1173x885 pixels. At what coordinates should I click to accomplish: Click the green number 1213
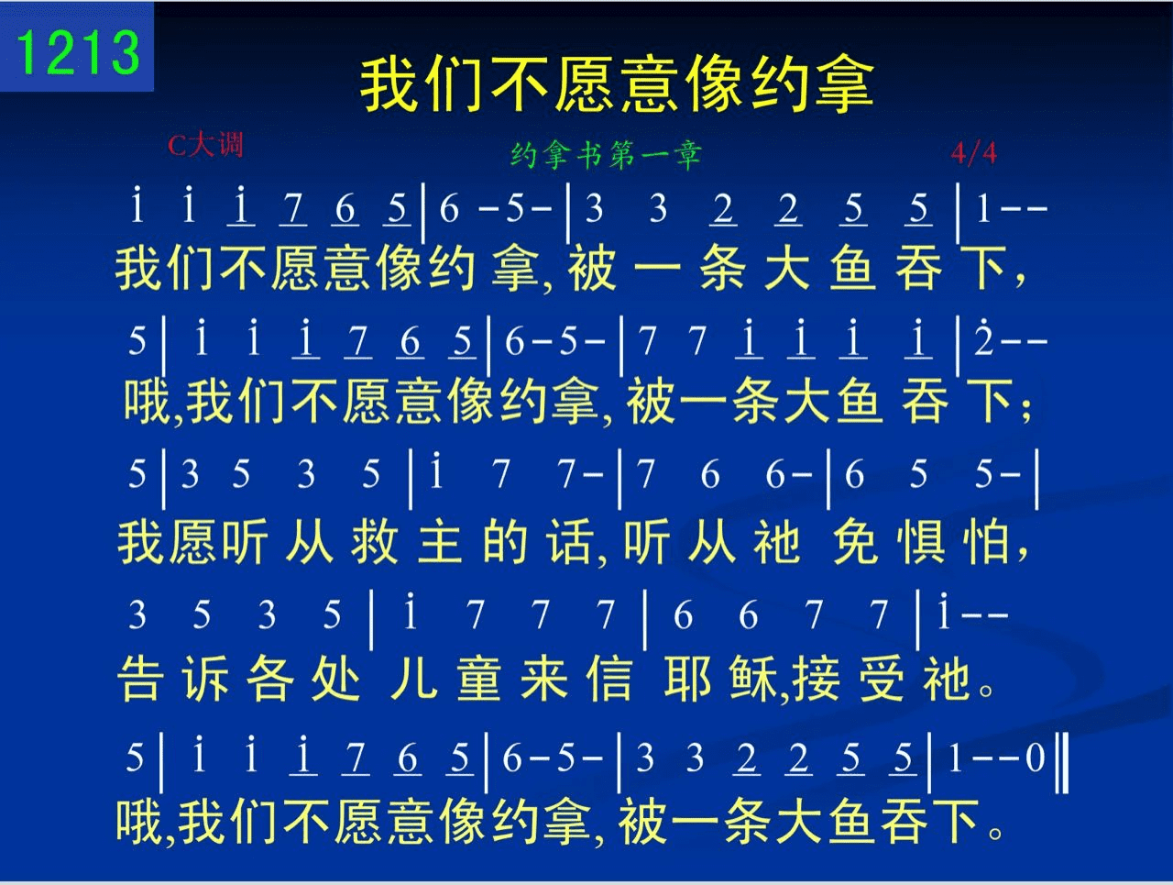tap(78, 52)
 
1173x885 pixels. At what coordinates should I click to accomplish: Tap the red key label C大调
tap(206, 145)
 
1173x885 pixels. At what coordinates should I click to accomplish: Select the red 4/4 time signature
tap(973, 153)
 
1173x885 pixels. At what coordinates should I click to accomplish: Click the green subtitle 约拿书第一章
tap(606, 156)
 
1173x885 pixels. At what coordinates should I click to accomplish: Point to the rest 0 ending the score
tap(1036, 758)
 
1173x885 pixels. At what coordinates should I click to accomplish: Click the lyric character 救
tap(375, 542)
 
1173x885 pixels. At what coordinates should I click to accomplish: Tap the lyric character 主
tap(440, 542)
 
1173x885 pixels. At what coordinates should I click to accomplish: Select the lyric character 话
tap(571, 542)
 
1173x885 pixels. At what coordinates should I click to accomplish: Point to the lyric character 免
tap(854, 542)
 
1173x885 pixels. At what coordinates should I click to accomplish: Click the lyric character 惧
tap(920, 542)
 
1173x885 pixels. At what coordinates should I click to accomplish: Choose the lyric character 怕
tap(985, 542)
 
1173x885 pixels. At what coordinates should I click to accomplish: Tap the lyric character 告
tap(140, 679)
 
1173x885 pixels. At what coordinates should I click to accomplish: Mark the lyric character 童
tap(478, 679)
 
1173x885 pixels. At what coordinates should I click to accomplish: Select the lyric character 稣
tap(753, 679)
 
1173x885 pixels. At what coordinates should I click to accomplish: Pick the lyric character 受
tap(882, 679)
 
